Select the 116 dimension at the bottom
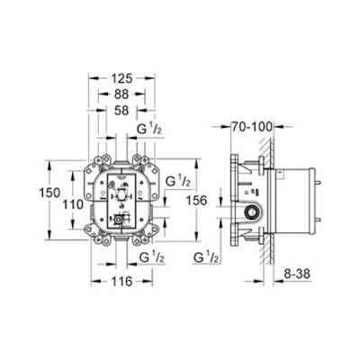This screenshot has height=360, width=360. click(x=122, y=282)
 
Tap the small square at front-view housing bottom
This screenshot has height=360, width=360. click(x=116, y=219)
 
